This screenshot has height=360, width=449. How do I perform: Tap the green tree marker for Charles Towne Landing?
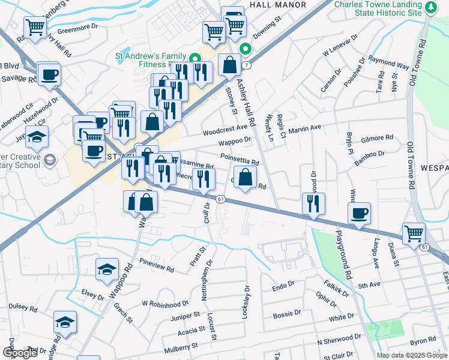[431, 8]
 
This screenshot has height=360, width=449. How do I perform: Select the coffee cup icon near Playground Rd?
[359, 214]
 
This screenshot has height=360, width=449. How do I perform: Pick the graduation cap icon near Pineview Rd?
[107, 269]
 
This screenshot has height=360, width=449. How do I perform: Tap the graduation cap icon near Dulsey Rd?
[65, 322]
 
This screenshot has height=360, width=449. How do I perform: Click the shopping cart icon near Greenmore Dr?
[35, 27]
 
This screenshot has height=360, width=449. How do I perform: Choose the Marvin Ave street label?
[305, 128]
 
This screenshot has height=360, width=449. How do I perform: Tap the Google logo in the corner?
[20, 353]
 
